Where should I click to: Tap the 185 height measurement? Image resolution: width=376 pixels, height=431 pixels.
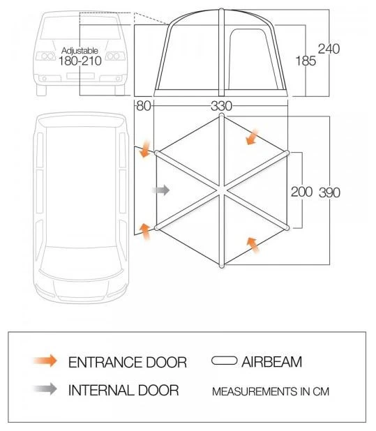click(x=305, y=61)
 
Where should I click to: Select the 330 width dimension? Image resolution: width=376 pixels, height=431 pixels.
click(x=220, y=106)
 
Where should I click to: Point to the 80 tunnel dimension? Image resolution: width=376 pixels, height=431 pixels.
click(x=143, y=106)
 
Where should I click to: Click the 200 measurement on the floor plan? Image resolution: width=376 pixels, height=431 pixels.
click(x=301, y=192)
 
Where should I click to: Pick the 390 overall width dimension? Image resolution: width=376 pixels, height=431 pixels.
click(x=329, y=192)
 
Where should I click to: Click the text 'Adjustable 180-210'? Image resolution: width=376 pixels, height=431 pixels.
click(x=81, y=56)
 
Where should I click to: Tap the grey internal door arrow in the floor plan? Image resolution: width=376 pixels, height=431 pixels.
click(x=161, y=190)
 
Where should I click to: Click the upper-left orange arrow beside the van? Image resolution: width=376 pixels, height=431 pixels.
click(x=145, y=149)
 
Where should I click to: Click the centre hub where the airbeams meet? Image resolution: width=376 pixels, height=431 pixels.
click(x=222, y=190)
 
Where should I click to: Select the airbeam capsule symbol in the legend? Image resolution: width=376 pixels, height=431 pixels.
click(x=224, y=361)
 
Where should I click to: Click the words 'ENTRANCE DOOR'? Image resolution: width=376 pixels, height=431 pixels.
click(x=127, y=362)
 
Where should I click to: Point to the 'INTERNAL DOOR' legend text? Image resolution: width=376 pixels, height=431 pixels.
click(x=123, y=390)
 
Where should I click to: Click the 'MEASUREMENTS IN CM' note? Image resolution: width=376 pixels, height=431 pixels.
click(x=270, y=391)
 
